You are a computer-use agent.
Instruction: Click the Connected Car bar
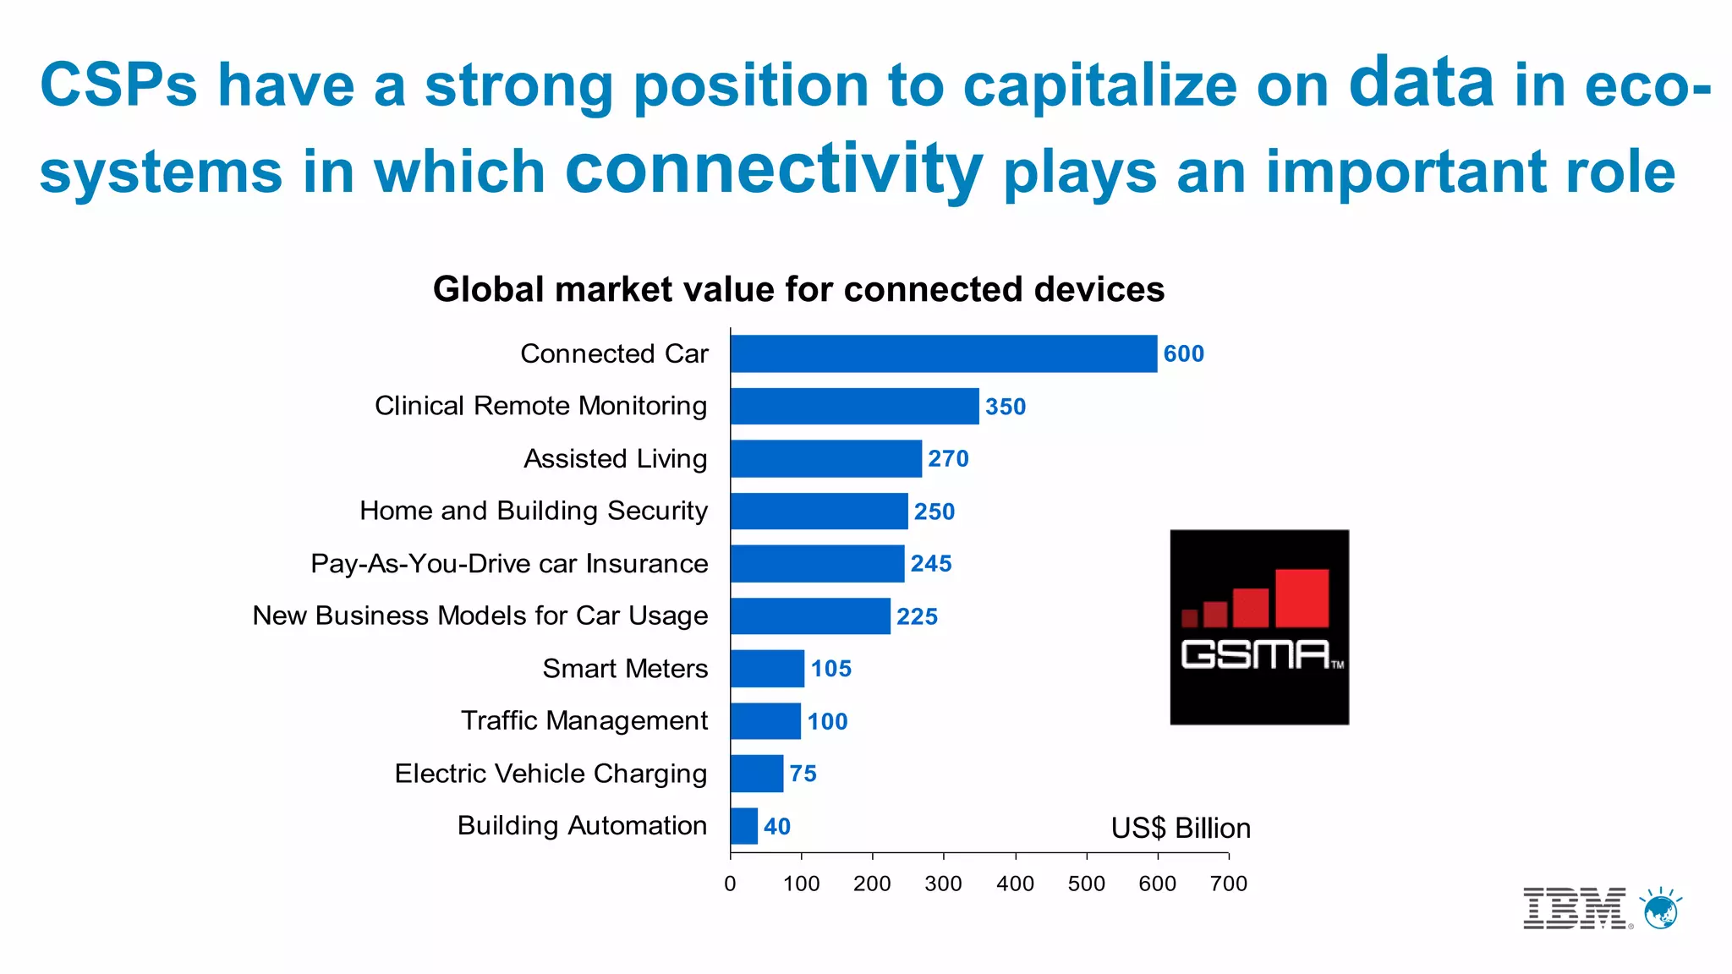(x=943, y=353)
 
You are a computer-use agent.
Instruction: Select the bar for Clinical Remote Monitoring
(x=854, y=407)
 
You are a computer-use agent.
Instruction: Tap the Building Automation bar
(x=744, y=826)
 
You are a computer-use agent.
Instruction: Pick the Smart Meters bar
(x=767, y=669)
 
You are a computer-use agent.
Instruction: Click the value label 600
(x=1183, y=354)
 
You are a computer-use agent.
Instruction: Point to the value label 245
(x=930, y=564)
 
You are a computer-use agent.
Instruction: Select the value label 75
(x=803, y=774)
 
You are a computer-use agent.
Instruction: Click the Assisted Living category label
(x=615, y=459)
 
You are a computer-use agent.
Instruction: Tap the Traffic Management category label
(x=584, y=721)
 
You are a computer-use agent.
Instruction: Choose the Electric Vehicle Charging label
(x=551, y=774)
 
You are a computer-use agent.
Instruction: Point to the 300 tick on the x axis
(x=943, y=884)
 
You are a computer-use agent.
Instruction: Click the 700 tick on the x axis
(x=1228, y=884)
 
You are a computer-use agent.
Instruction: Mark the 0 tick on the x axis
(x=730, y=884)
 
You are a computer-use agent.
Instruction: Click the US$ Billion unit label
(x=1181, y=829)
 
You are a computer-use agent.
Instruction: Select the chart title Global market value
(x=798, y=290)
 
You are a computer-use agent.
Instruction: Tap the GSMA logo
(x=1258, y=627)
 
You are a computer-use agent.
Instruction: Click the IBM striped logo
(x=1575, y=909)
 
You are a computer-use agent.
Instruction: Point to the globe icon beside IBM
(x=1660, y=910)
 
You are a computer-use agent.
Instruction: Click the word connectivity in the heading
(x=773, y=170)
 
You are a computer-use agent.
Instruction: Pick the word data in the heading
(x=1421, y=84)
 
